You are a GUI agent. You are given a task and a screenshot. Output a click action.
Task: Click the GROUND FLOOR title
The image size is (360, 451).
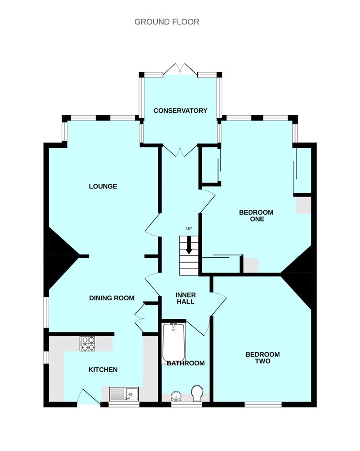[167, 22]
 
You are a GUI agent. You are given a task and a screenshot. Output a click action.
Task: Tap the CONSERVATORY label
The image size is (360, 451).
[180, 111]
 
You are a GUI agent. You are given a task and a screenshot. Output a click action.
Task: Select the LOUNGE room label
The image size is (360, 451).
[103, 187]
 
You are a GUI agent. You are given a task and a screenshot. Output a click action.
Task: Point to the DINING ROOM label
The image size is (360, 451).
[111, 298]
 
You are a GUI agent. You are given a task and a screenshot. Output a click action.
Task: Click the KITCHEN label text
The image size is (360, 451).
[103, 370]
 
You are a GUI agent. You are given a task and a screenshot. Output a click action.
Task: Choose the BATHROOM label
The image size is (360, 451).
[186, 363]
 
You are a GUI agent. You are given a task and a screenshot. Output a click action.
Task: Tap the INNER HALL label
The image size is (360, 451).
[186, 298]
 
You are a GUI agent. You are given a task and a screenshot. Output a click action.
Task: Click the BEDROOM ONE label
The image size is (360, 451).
[256, 216]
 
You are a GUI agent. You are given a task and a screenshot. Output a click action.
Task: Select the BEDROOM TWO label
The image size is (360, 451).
[262, 358]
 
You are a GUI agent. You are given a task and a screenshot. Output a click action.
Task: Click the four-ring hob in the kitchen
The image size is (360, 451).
[87, 343]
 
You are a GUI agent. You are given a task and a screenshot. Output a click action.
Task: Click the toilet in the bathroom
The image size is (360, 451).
[197, 393]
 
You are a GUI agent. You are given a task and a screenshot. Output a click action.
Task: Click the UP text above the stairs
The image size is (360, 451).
[189, 229]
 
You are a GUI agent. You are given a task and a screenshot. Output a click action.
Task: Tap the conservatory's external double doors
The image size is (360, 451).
[181, 70]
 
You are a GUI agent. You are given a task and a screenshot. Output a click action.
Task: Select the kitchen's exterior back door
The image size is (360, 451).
[89, 397]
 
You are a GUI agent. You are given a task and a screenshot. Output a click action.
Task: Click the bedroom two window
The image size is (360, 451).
[263, 405]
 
